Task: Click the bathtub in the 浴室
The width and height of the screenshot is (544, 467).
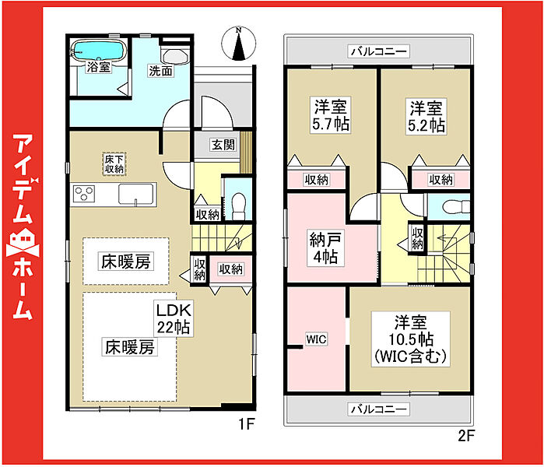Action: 98,51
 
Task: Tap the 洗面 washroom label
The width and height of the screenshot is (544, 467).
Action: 160,71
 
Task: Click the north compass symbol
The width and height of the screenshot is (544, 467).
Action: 239,44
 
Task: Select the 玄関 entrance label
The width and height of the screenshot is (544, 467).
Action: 223,145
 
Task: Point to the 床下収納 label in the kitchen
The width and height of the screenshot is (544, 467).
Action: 114,163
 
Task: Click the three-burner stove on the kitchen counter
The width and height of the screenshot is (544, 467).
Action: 84,194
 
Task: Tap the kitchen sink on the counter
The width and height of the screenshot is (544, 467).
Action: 136,194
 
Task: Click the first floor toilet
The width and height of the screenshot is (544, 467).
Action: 238,205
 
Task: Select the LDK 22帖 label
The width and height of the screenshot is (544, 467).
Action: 174,318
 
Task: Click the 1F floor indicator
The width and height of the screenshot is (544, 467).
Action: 247,423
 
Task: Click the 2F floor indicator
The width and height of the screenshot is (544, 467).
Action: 466,435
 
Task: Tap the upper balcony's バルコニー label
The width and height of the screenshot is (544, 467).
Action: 378,51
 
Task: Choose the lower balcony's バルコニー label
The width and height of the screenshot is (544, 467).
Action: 378,409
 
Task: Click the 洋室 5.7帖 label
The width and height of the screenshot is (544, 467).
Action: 331,115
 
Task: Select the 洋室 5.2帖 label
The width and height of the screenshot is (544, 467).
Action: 426,116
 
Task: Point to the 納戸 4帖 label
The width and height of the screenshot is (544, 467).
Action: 325,248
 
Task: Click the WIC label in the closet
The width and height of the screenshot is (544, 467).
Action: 316,339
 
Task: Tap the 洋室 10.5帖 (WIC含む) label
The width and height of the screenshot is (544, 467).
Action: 411,339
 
